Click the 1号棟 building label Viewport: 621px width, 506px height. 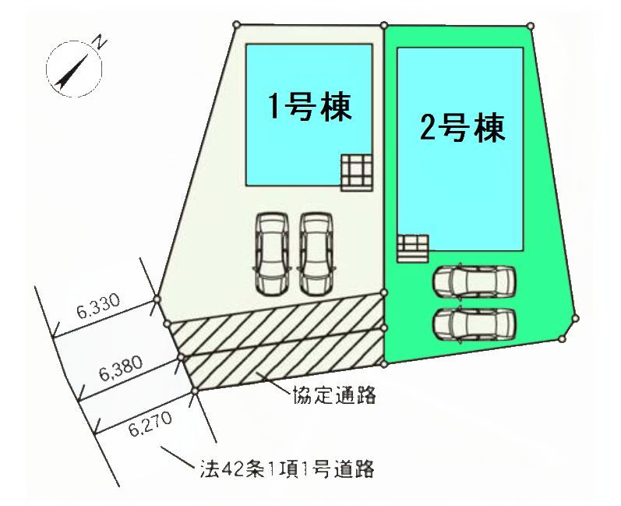pos(310,107)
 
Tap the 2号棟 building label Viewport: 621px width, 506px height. pos(462,128)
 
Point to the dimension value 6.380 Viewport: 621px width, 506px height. pos(121,368)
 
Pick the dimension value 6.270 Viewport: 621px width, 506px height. pos(150,423)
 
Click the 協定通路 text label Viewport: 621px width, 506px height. pos(333,395)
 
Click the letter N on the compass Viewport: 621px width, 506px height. pos(101,41)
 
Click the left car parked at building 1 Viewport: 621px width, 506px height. pos(272,254)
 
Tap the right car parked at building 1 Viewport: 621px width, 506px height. pos(316,254)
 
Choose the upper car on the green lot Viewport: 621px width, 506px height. pos(474,281)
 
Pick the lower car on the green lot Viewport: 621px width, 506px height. pos(474,324)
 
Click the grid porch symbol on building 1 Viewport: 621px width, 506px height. pos(356,173)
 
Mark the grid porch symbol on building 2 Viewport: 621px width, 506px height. pos(413,249)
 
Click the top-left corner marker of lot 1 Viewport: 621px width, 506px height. pos(236,25)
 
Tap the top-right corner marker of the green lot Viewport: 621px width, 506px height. pos(531,27)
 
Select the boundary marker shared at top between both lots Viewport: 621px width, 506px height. pos(384,26)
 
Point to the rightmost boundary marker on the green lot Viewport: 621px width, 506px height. pos(576,318)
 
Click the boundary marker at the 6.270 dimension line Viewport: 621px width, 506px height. pos(195,391)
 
